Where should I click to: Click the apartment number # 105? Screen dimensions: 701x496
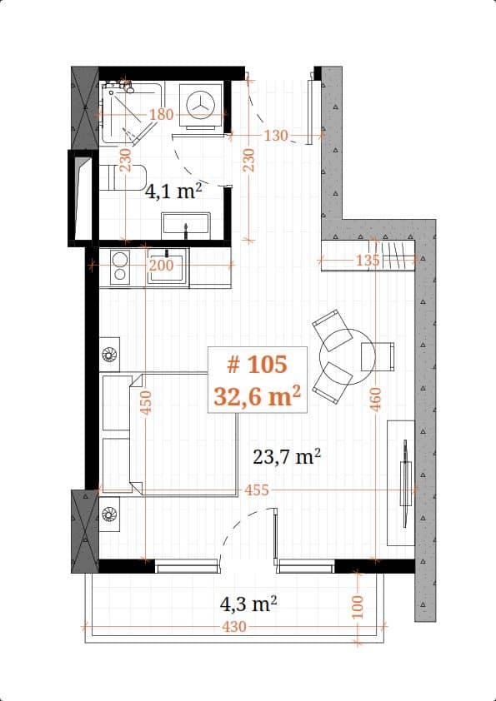click(x=257, y=364)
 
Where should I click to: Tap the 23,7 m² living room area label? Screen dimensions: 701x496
click(x=287, y=456)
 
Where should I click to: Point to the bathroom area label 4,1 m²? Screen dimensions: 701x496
click(x=174, y=191)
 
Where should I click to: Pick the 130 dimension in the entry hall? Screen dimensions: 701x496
click(x=276, y=136)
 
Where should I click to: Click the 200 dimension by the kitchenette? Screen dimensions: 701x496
click(x=161, y=266)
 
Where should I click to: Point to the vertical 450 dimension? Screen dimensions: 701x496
click(x=145, y=402)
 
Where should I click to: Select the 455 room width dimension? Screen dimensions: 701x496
click(x=257, y=490)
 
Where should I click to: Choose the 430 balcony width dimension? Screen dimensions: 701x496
click(x=235, y=626)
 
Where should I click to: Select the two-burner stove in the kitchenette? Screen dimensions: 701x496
click(x=119, y=266)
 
